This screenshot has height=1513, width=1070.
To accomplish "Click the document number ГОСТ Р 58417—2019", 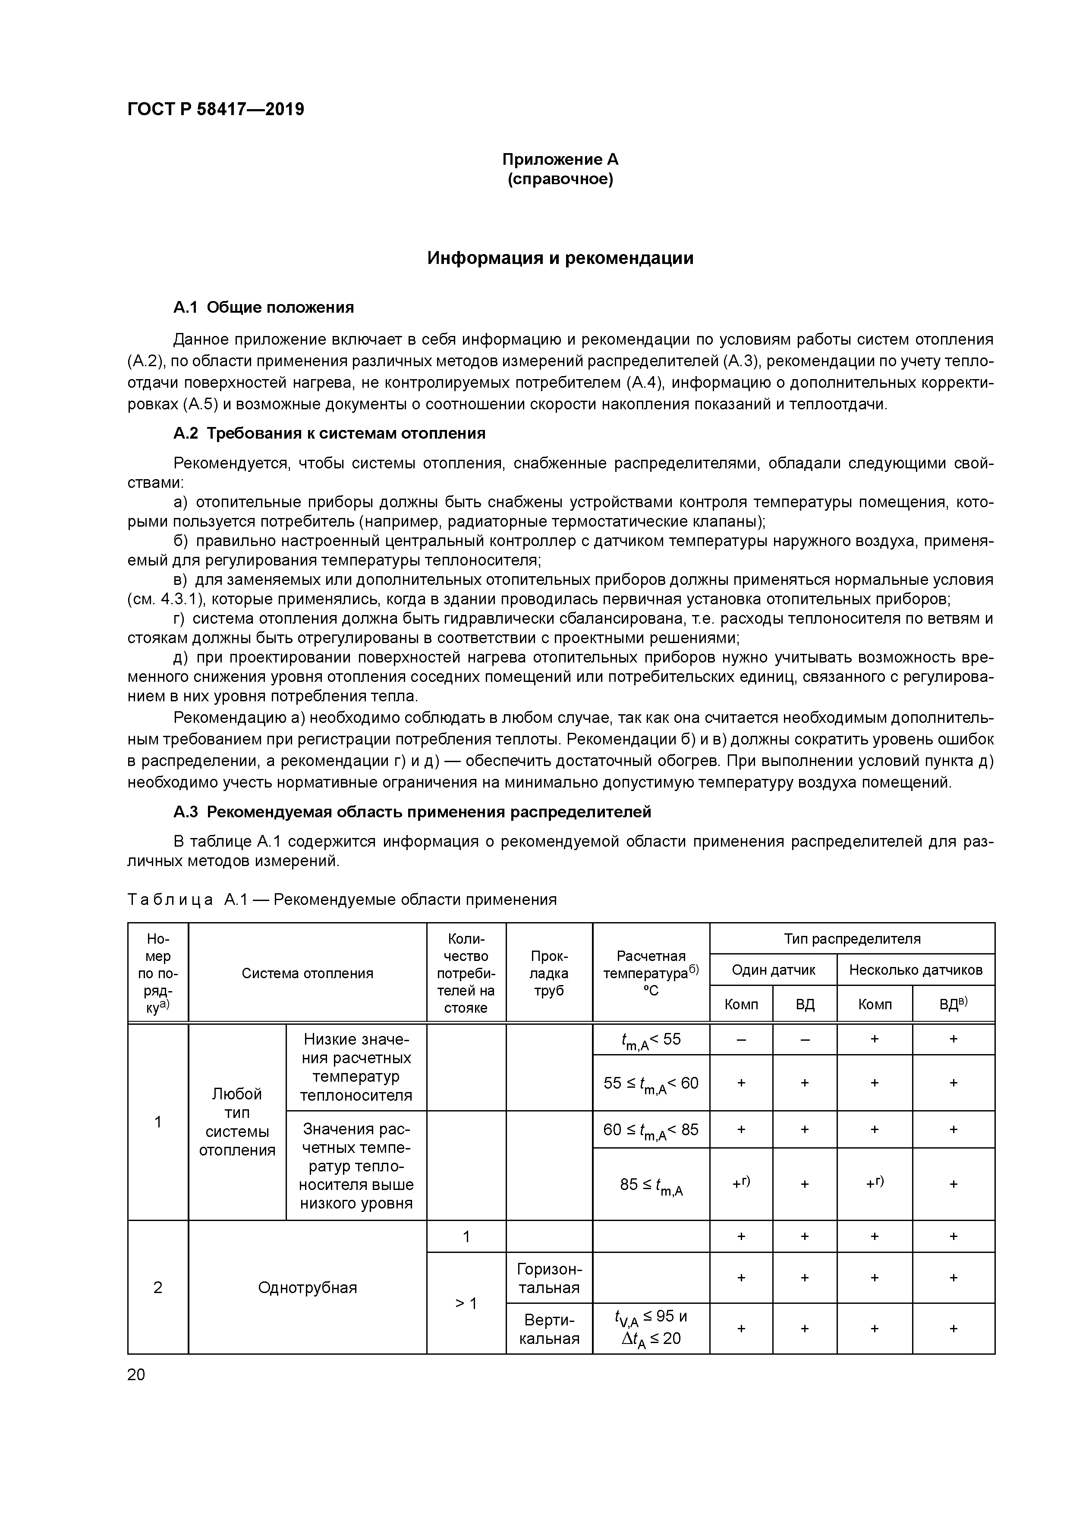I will (216, 110).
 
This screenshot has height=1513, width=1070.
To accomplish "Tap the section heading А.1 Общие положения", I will (264, 308).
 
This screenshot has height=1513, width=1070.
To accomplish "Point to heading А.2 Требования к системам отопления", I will (330, 433).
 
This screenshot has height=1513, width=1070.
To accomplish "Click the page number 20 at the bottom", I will (136, 1375).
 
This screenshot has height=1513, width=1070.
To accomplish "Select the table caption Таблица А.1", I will (342, 900).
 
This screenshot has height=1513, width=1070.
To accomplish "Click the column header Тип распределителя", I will (852, 939).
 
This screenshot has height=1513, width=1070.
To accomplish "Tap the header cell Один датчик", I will (773, 970).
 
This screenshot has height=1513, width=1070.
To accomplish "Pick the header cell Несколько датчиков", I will (915, 970).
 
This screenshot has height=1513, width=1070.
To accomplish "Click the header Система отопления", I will (307, 973).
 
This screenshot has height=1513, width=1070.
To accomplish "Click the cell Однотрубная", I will (307, 1287).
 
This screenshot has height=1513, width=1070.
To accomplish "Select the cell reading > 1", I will (466, 1303).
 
